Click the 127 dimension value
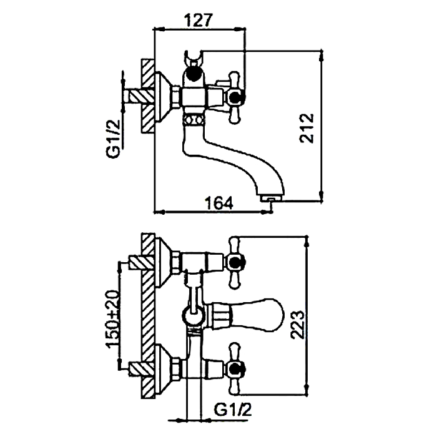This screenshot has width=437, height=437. [x=199, y=20]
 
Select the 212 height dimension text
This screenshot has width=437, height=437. [x=307, y=129]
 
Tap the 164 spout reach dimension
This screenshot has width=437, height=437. [x=219, y=203]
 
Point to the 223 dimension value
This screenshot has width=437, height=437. [x=297, y=325]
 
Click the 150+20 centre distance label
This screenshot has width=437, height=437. [x=112, y=319]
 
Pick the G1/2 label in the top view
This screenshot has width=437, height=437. [x=114, y=139]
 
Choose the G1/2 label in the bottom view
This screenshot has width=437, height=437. [x=233, y=409]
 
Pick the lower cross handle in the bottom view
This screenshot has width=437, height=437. [x=235, y=369]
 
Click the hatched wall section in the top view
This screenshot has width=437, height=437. [x=148, y=96]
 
